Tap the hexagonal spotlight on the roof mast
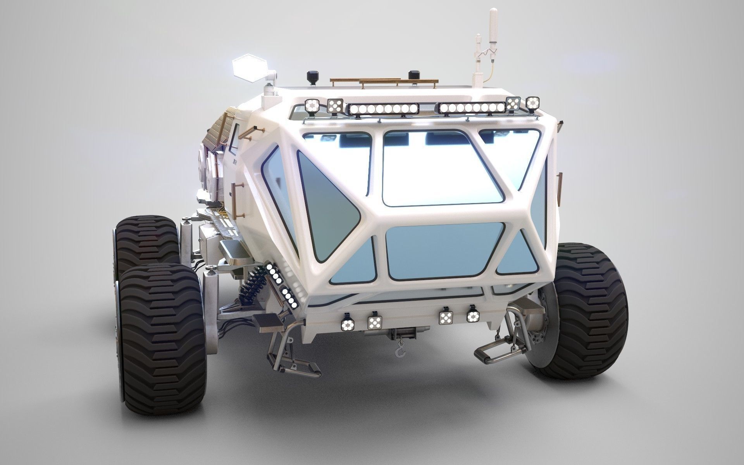(248, 71)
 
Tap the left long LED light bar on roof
(383, 108)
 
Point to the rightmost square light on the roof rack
(533, 103)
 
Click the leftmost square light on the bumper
(346, 325)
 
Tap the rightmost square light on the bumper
(472, 317)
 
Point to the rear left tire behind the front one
(146, 242)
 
